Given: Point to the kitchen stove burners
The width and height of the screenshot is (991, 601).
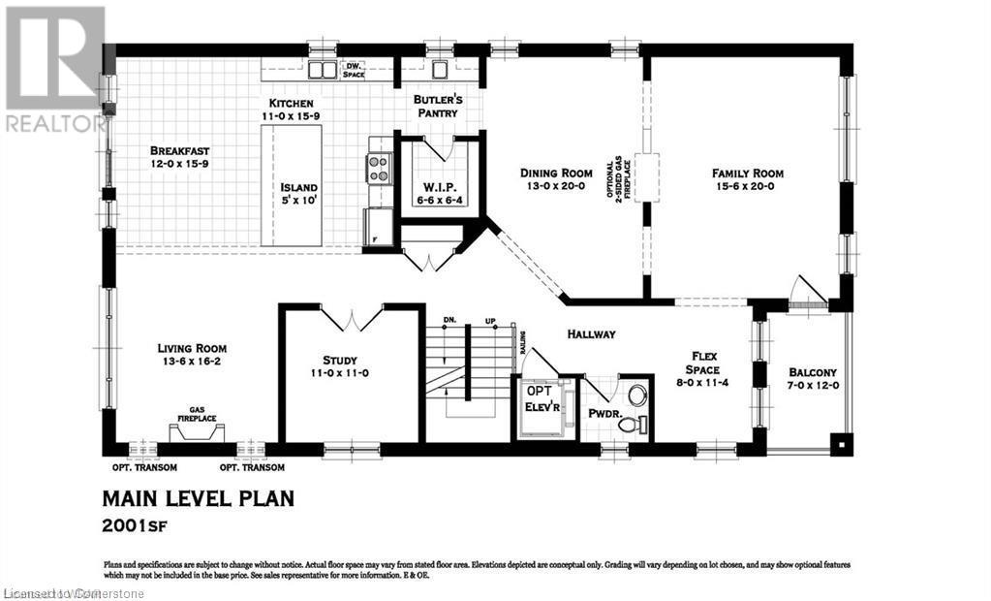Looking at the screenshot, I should click(377, 169).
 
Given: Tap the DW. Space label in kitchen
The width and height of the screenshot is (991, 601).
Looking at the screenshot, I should click(353, 70).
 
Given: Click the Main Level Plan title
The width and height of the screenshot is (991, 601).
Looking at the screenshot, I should click(198, 499).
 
